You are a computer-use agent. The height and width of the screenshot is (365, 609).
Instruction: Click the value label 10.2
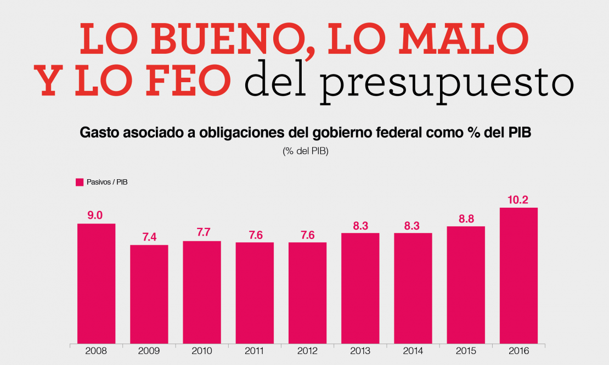[x=518, y=200]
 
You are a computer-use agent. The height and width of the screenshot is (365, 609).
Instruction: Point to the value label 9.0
[x=96, y=215]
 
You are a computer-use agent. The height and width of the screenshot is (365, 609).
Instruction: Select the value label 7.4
[x=149, y=237]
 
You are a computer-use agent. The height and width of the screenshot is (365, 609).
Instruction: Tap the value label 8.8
[x=465, y=218]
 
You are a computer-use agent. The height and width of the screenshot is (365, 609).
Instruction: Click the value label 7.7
[x=202, y=233]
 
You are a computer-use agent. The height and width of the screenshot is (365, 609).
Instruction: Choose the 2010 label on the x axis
[x=202, y=351]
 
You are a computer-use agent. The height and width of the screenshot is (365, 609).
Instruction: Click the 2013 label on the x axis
[x=360, y=351]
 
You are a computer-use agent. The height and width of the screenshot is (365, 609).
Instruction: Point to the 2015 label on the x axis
[x=465, y=351]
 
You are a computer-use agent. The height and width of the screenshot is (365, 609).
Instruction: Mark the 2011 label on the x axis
[x=255, y=351]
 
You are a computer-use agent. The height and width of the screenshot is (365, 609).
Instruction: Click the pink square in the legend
[x=79, y=181]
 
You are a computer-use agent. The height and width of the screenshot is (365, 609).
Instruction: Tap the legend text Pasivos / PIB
[x=107, y=181]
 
